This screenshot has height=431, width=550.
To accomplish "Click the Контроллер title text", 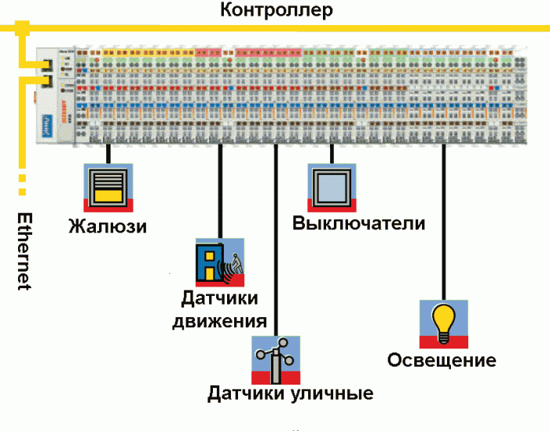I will coord(277,11).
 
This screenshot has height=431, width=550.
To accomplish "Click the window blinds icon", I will coord(108,187).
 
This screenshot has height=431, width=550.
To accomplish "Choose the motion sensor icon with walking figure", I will coord(220,262).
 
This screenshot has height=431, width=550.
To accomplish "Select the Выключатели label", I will coord(359,223).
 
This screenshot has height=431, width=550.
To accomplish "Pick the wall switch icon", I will coord(331,187).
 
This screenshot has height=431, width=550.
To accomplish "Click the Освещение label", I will coord(442,360).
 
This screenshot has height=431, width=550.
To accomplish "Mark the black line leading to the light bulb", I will coord(444,220).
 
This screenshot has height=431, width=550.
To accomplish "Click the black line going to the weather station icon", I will coord(276,236).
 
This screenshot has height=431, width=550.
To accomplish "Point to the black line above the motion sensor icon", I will coord(220,188).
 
